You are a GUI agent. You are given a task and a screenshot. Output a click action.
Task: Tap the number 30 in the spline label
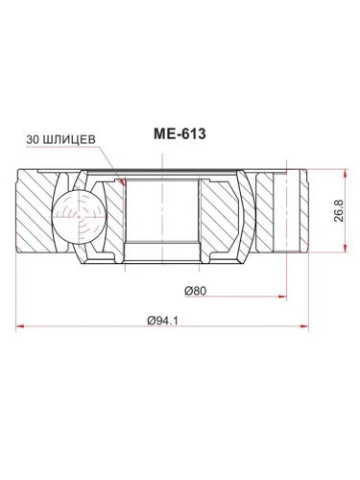pos(33,138)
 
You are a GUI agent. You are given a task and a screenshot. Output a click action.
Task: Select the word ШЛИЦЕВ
pos(68,138)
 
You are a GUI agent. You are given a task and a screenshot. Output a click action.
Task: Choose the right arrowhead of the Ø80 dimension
pos(285,298)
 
